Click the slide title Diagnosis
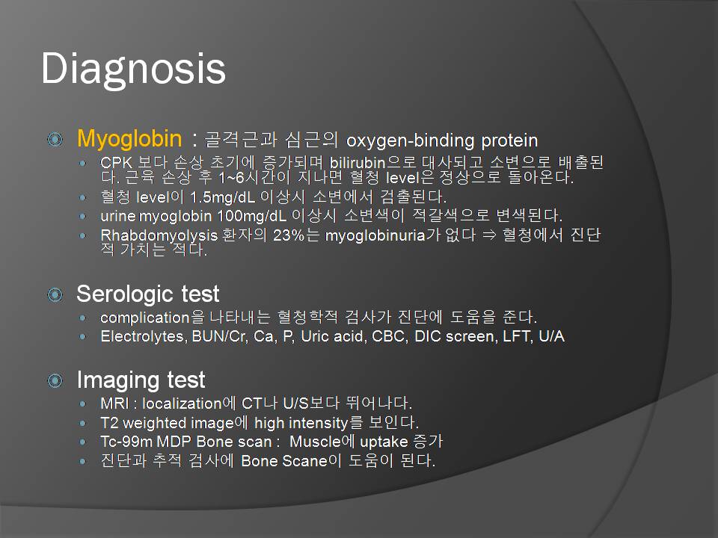pos(133,69)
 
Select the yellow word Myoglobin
pos(129,139)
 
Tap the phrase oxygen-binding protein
pos(442,141)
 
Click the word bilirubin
pos(358,162)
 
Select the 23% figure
pos(289,235)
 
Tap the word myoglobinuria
pos(375,235)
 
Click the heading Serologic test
pos(148,294)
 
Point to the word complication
pos(144,318)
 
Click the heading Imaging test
pos(141,380)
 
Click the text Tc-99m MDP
pos(147,442)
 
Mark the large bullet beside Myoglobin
pos(55,139)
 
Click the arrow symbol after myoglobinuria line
pos(489,235)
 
